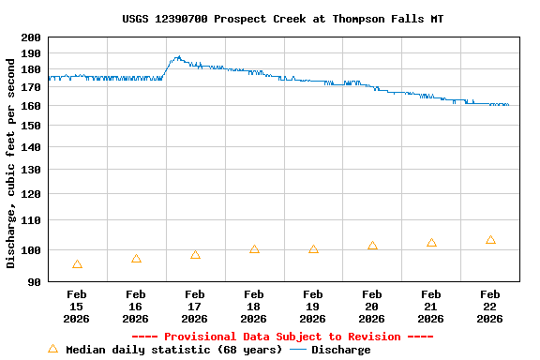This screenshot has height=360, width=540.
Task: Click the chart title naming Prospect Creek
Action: pyautogui.click(x=283, y=19)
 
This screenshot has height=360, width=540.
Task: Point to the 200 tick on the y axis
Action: pyautogui.click(x=31, y=37)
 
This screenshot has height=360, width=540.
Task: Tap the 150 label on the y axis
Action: pyautogui.click(x=31, y=126)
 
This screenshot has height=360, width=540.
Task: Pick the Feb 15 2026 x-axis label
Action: pyautogui.click(x=77, y=307)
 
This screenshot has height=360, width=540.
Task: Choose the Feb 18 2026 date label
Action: pyautogui.click(x=254, y=307)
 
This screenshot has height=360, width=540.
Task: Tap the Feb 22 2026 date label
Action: pyautogui.click(x=490, y=307)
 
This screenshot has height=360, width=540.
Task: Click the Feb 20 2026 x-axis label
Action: pyautogui.click(x=372, y=307)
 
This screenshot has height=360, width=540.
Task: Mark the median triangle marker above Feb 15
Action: pyautogui.click(x=77, y=264)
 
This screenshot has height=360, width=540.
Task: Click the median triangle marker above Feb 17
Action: pyautogui.click(x=195, y=255)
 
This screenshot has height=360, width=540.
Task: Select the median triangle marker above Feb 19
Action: pyautogui.click(x=313, y=249)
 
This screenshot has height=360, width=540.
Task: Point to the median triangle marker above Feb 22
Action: pyautogui.click(x=490, y=240)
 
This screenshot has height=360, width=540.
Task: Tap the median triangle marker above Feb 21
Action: pyautogui.click(x=431, y=243)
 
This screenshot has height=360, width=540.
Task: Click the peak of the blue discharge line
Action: pyautogui.click(x=177, y=57)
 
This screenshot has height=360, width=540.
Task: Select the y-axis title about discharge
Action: pyautogui.click(x=11, y=159)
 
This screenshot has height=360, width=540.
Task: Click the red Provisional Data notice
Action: pyautogui.click(x=282, y=337)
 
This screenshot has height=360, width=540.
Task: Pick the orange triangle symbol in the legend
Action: pyautogui.click(x=52, y=349)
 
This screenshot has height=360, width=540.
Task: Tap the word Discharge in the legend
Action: pyautogui.click(x=340, y=350)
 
